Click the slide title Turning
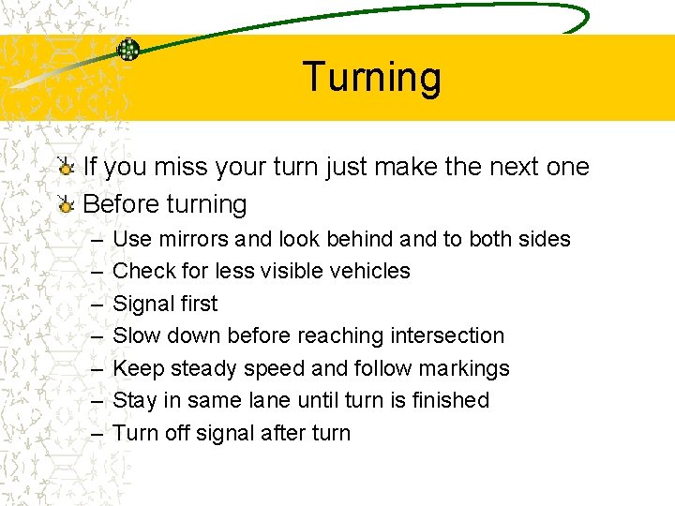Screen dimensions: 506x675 tap(372, 77)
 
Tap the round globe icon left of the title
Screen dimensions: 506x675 tap(128, 50)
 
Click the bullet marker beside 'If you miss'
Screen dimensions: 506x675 tap(66, 168)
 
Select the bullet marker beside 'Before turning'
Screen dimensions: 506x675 tap(66, 204)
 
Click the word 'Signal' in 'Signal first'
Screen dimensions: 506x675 tap(142, 304)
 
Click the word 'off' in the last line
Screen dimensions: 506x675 tap(175, 433)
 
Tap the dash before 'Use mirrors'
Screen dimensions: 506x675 tap(98, 240)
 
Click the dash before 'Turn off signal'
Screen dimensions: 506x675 tap(98, 434)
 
